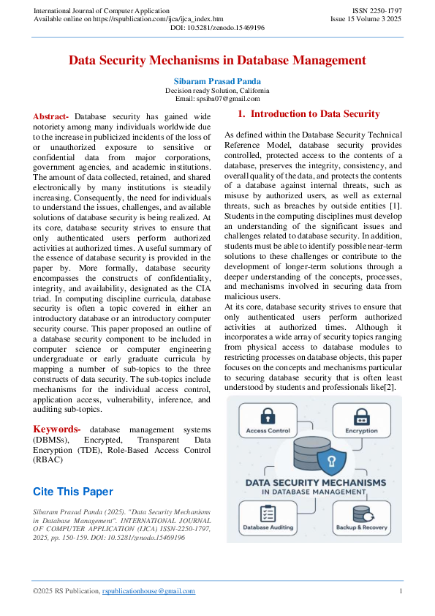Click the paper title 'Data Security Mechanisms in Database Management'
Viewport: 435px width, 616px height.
point(217,61)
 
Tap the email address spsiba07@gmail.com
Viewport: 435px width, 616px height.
point(217,99)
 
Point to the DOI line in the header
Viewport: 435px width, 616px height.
point(217,27)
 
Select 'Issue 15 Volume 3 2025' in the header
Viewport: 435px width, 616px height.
point(366,18)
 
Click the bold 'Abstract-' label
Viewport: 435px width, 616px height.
point(51,116)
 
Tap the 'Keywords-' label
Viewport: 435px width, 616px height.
point(57,429)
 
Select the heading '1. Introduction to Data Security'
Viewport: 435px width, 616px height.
point(309,114)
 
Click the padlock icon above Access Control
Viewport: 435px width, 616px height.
point(268,415)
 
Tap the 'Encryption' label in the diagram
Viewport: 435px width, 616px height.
point(360,432)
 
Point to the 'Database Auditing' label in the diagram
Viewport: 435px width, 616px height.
point(268,527)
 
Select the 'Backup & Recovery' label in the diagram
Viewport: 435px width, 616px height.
point(360,527)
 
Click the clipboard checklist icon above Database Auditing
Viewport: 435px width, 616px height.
point(268,512)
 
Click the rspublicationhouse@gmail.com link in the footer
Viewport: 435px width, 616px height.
point(148,591)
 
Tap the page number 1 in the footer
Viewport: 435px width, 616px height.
point(400,591)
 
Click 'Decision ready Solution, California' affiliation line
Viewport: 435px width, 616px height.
point(217,90)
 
